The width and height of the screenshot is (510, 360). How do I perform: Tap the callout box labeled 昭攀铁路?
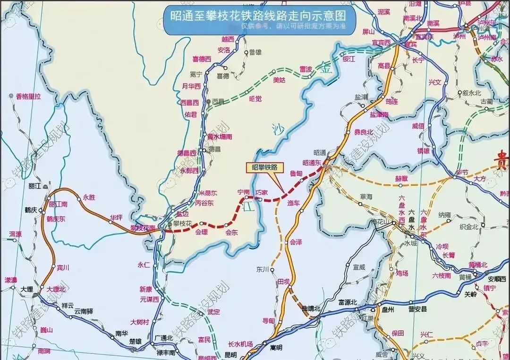[264, 167]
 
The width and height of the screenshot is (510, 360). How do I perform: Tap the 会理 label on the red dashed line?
[202, 232]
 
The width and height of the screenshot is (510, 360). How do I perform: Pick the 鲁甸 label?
[296, 173]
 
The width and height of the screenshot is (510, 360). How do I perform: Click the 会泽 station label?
[296, 242]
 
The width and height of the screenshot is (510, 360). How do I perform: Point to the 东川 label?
[262, 269]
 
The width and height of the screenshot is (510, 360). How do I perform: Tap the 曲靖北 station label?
[311, 308]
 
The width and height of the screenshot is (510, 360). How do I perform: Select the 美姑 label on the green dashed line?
[280, 80]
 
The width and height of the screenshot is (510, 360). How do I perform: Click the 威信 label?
[418, 126]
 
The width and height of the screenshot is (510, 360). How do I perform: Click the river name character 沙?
[277, 129]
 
